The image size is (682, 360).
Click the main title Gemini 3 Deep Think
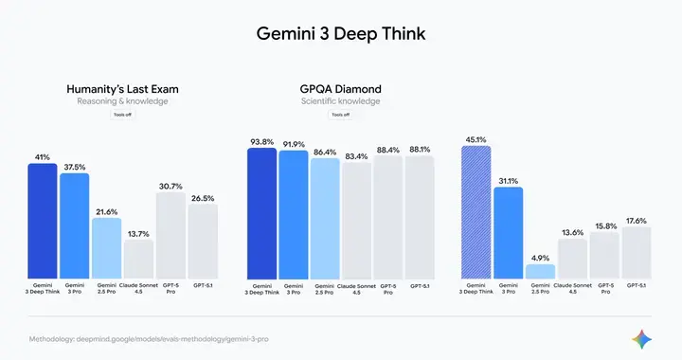pos(341,34)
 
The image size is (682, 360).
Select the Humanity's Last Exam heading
pos(121,89)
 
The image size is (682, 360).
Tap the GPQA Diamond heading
pos(340,89)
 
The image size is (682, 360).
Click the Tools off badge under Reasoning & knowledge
pos(121,115)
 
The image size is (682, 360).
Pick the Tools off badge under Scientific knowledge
pos(340,115)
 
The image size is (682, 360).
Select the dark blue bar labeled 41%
pos(43,221)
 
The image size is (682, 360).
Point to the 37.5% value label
pos(75,167)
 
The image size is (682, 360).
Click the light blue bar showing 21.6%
pos(107,248)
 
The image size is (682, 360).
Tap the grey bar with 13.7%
pos(139,258)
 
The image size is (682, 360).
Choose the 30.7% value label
pos(170,186)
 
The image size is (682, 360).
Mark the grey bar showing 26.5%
pos(203,241)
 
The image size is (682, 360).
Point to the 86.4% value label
pos(325,152)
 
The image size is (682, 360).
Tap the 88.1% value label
pos(420,149)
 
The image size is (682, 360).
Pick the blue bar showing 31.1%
pos(508,232)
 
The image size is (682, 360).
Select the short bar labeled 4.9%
pos(540,271)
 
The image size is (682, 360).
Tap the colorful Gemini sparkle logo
pos(645,338)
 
